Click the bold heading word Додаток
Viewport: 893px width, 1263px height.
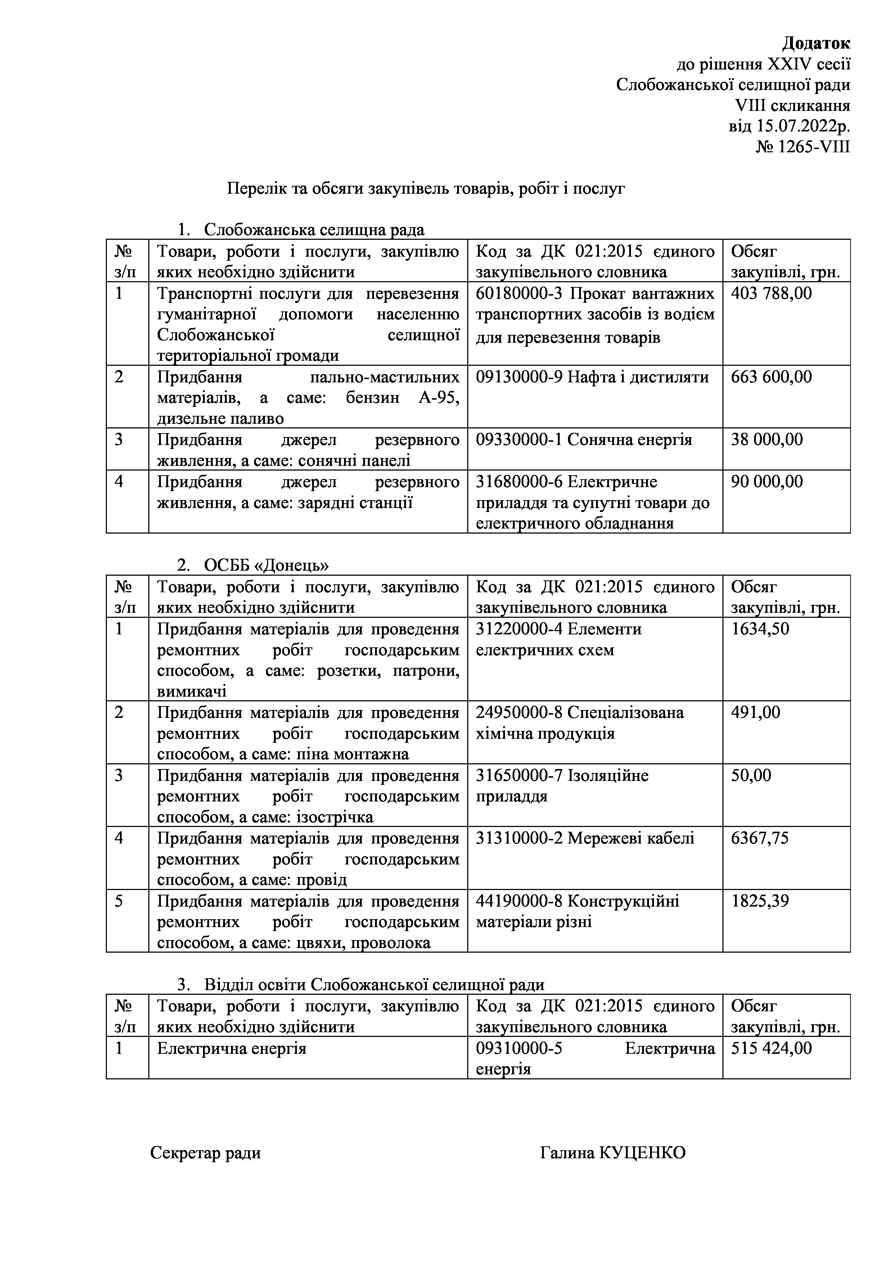[816, 43]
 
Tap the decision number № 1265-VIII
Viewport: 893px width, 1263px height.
[803, 147]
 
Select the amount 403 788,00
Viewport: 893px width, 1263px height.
[771, 293]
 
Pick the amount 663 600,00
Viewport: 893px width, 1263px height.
[771, 377]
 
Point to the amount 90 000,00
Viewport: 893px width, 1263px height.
[767, 482]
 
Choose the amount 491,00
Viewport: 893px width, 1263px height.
[755, 713]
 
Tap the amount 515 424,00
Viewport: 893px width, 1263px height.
[771, 1048]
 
